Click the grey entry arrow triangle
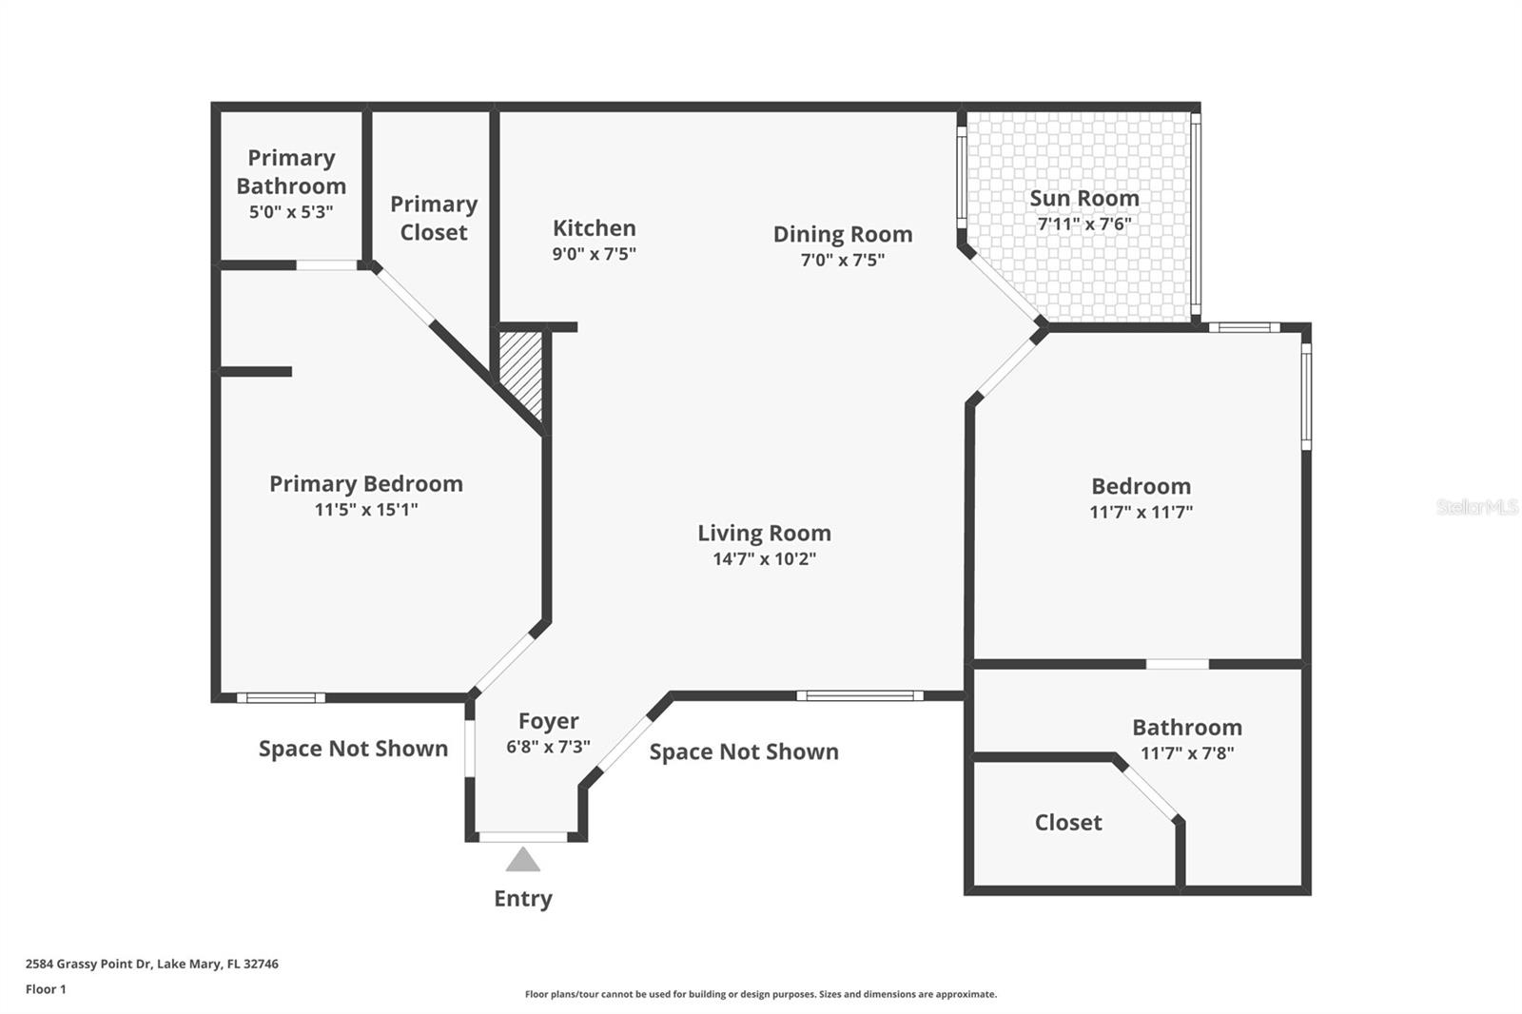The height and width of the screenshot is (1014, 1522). pos(522,861)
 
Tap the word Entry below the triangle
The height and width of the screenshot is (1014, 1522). pos(522,898)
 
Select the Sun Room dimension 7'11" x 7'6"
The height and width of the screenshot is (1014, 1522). pos(1083,224)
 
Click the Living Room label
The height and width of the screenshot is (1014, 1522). pos(764,533)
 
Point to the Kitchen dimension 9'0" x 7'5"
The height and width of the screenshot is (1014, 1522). pos(594,254)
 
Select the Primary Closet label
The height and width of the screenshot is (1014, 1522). pos(433,218)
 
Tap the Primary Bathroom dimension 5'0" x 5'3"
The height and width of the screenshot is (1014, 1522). pos(291,212)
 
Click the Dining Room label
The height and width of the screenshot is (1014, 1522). pos(842,234)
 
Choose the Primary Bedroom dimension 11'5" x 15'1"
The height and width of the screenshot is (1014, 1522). pos(366,510)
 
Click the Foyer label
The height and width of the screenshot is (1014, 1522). pos(548,721)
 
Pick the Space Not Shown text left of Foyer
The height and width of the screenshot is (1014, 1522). pos(353,749)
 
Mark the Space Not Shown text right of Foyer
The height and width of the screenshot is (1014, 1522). pos(744,751)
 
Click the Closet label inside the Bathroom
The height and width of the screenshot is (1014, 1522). pos(1067,822)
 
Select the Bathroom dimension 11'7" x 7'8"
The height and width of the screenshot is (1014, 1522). pos(1187,753)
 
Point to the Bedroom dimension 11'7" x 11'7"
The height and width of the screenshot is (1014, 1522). pos(1141,512)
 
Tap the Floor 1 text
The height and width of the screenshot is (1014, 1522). pos(46,989)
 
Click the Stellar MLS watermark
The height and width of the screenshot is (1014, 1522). pos(1476,507)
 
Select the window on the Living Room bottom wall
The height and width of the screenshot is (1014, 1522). pos(859,695)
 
